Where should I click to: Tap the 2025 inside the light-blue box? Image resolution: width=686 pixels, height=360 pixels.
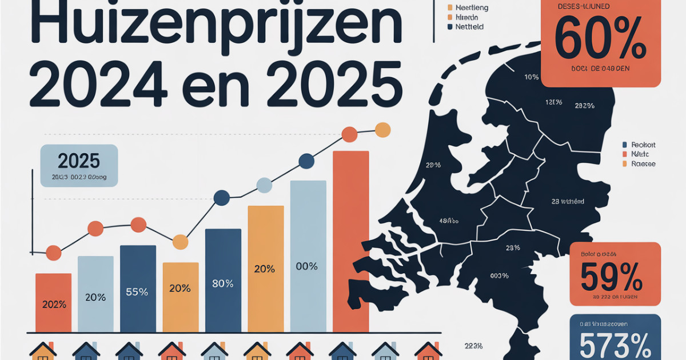79,161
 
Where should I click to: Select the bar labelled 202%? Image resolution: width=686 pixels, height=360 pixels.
53,302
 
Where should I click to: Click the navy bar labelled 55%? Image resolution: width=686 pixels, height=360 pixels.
138,288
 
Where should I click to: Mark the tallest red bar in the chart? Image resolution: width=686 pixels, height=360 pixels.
350,240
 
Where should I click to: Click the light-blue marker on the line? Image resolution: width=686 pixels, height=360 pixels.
264,185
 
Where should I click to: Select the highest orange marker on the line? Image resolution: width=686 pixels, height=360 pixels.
382,130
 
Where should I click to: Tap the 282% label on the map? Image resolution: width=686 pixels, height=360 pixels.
585,106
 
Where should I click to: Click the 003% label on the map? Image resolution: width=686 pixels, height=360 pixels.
499,276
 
